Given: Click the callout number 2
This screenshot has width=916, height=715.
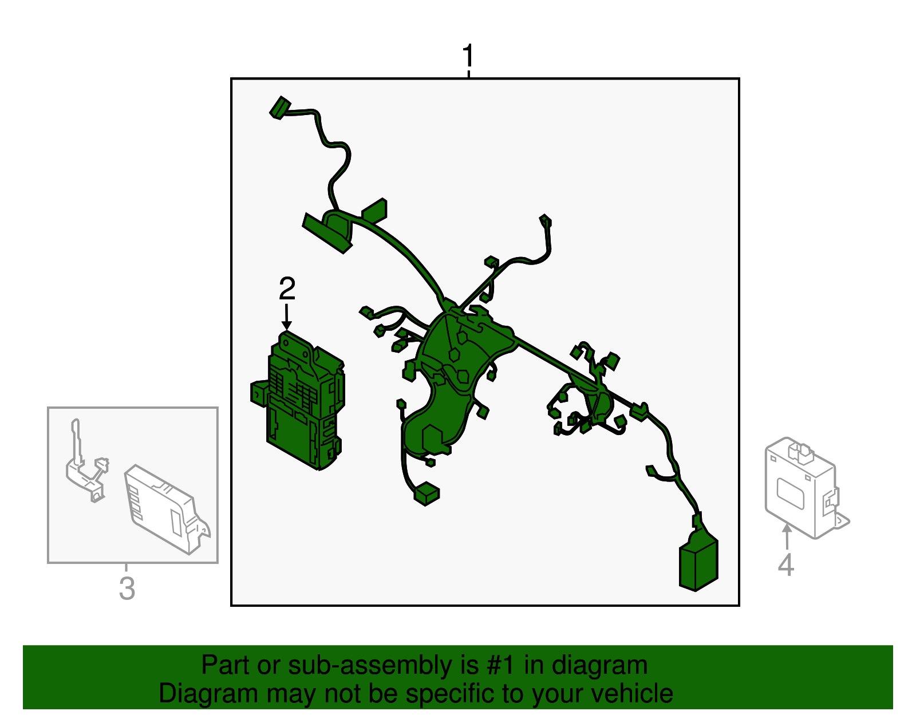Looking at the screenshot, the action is coord(287,288).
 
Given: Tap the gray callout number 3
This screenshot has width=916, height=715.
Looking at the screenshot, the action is coord(127,588).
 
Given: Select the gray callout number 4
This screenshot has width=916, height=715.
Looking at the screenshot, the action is coord(785,565).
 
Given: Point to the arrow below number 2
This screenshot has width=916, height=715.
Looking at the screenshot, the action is coord(287,317).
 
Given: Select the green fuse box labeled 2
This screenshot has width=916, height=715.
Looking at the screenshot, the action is coord(301,401).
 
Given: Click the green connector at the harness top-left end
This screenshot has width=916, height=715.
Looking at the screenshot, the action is coord(280,108).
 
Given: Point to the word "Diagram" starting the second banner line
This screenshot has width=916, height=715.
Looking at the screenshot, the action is coord(208,694).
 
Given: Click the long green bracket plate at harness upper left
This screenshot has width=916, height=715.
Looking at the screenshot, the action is coord(327,233).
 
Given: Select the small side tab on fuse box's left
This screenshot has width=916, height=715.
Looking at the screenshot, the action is coord(260,393).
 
